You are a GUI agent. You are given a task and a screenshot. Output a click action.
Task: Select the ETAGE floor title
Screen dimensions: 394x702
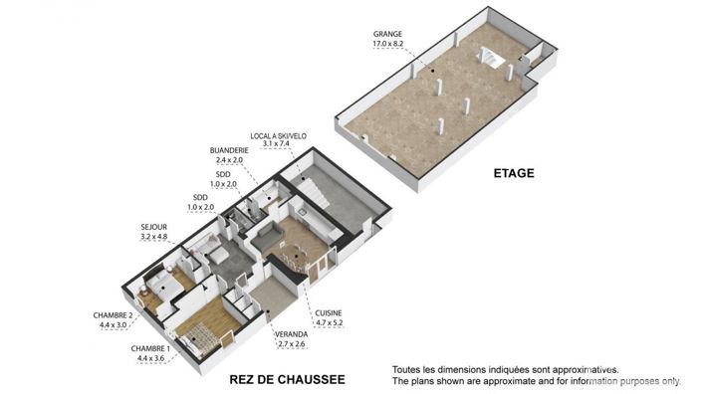coord(514,173)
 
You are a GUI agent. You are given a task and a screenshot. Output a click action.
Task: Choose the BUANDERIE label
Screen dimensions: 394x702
coord(229,150)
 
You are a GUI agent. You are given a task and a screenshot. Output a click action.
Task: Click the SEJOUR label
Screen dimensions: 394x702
coord(153,229)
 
